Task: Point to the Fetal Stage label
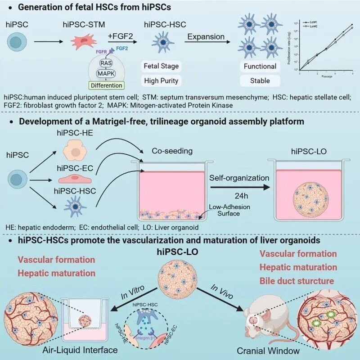pos(162,66)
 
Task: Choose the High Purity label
pos(162,81)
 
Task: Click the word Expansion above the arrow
pos(205,36)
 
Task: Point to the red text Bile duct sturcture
pos(297,281)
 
